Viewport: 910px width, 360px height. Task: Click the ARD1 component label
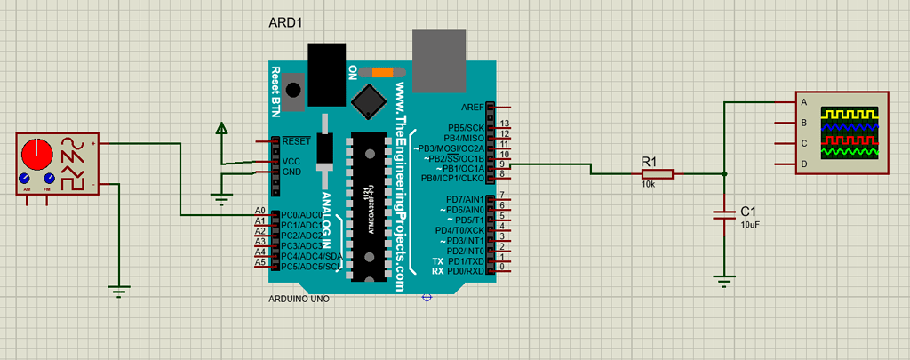(x=286, y=22)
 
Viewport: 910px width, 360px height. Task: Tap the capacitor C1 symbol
(x=725, y=212)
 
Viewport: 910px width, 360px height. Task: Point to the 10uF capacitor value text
(x=750, y=226)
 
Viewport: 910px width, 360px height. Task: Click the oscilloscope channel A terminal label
(x=804, y=102)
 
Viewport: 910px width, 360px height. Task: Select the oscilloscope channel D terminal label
(x=804, y=164)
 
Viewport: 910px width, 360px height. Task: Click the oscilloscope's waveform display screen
(x=850, y=132)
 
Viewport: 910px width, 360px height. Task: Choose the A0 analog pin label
(x=259, y=212)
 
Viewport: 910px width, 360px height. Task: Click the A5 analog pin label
(x=259, y=262)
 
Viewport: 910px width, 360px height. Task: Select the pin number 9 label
(x=502, y=164)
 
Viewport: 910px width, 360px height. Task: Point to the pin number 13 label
(x=504, y=124)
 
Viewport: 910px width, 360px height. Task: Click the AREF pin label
(x=473, y=107)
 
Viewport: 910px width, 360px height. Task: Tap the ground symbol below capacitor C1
(x=725, y=281)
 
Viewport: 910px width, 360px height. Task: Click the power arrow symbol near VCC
(x=221, y=131)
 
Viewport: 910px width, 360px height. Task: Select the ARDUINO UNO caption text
(x=299, y=300)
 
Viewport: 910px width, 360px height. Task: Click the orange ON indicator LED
(x=383, y=72)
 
